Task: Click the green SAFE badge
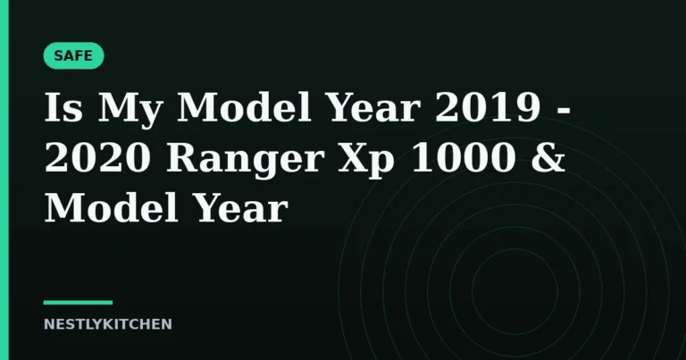[73, 55]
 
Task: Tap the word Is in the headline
[63, 107]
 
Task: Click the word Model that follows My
[244, 106]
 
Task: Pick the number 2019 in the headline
[488, 107]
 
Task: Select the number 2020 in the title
[97, 157]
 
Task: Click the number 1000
[463, 157]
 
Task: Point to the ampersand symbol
[548, 157]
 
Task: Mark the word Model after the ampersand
[112, 207]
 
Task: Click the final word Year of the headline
[240, 208]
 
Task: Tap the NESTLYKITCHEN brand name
[107, 324]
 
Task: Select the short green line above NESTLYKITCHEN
[78, 302]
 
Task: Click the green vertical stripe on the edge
[4, 180]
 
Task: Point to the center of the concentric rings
[514, 291]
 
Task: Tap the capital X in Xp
[353, 157]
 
